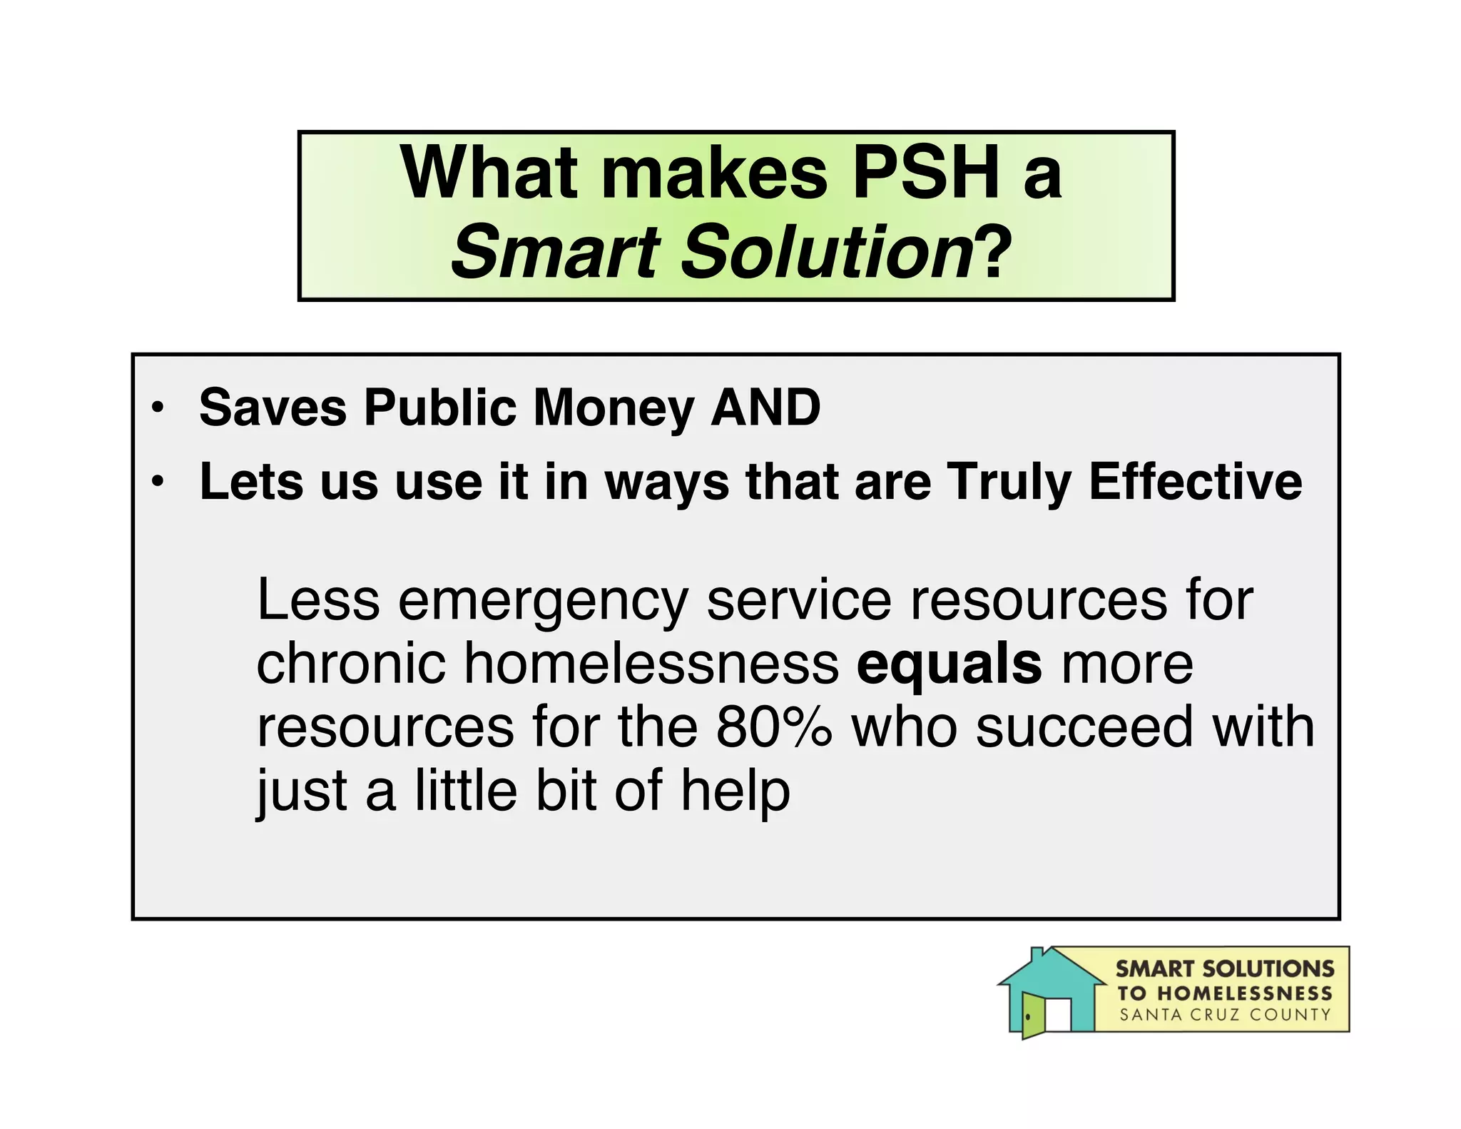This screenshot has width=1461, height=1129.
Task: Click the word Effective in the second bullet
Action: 1196,482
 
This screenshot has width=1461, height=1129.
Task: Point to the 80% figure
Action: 773,726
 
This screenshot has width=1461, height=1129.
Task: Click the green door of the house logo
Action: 1032,1016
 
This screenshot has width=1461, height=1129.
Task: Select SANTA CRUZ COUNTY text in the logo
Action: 1225,1015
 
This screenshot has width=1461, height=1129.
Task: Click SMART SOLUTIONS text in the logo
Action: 1225,968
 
